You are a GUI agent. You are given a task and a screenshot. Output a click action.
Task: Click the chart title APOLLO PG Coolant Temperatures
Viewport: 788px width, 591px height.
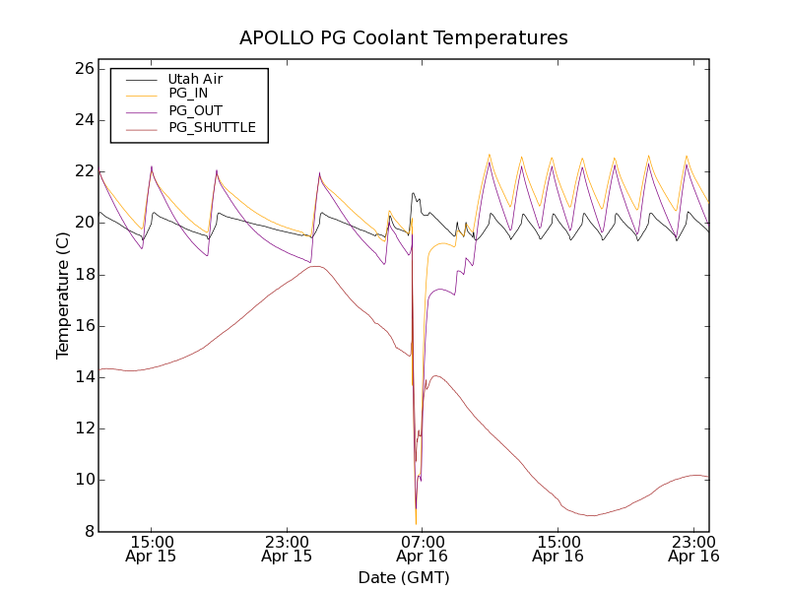point(404,38)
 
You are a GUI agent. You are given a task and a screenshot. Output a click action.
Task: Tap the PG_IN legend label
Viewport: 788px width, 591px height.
point(188,94)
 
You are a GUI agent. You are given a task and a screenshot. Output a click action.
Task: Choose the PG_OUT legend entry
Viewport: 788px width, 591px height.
point(195,110)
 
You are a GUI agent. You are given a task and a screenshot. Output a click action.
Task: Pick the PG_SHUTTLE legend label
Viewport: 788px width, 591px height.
point(212,127)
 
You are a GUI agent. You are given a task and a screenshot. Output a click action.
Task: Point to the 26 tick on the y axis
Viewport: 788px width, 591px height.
point(83,69)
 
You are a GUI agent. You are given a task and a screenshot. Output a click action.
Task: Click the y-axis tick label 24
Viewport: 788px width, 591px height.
point(83,120)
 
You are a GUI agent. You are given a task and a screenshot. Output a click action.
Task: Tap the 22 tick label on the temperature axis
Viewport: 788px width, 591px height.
point(83,171)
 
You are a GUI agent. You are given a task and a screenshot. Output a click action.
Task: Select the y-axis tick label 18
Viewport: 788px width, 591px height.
point(83,274)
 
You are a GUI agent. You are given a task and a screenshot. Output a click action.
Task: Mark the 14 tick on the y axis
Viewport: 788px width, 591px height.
point(83,377)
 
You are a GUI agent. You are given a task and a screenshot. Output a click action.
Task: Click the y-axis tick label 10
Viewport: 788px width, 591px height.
point(83,480)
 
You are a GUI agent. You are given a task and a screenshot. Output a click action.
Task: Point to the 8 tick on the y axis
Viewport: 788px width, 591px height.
point(87,531)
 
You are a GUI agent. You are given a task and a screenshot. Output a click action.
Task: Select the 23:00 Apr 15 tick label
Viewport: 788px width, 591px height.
point(287,549)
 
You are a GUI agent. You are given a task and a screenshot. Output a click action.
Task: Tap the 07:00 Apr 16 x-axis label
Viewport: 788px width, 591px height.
point(422,549)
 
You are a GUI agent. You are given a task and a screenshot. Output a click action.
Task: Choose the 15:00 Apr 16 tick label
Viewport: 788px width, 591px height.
point(558,549)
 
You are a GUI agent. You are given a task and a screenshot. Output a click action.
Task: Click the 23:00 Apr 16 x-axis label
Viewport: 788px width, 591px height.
point(693,549)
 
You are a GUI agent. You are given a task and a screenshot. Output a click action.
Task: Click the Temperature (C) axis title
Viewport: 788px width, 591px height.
point(63,295)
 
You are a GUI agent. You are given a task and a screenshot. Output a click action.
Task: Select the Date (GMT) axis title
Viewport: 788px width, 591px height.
point(404,577)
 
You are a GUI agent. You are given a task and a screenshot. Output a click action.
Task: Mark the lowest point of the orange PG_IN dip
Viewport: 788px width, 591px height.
point(416,523)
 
